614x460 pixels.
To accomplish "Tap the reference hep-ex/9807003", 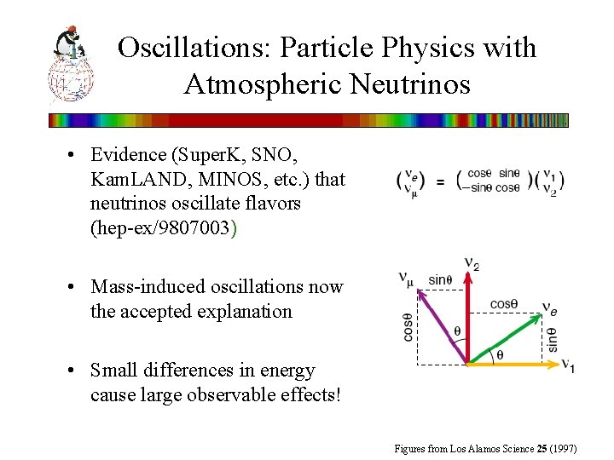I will tap(159, 228).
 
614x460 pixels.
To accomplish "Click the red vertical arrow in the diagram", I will tap(468, 315).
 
